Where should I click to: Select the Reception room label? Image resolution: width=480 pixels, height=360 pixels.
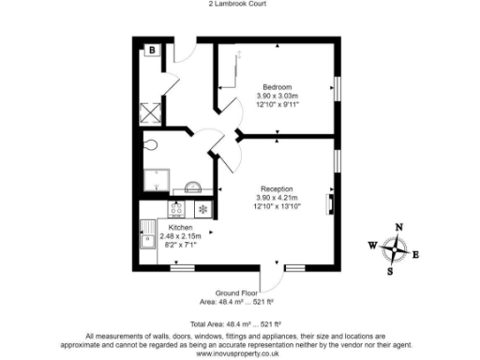[x=277, y=188]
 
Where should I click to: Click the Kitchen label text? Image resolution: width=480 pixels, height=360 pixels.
[x=181, y=228]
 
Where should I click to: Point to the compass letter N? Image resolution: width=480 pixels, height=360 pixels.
[x=398, y=228]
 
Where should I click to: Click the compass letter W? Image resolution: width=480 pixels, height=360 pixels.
[x=372, y=246]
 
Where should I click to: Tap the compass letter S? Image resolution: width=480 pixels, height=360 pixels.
[x=391, y=272]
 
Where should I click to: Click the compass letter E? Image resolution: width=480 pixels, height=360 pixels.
[x=416, y=254]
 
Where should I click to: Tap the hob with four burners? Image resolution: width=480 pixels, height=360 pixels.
[x=177, y=208]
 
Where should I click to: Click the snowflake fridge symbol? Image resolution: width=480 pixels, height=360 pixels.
[x=201, y=208]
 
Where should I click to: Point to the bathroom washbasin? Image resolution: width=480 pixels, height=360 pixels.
[x=192, y=187]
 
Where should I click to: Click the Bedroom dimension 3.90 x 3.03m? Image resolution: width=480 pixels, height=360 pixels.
[x=277, y=95]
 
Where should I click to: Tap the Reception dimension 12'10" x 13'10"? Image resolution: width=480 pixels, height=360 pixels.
[x=277, y=206]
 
